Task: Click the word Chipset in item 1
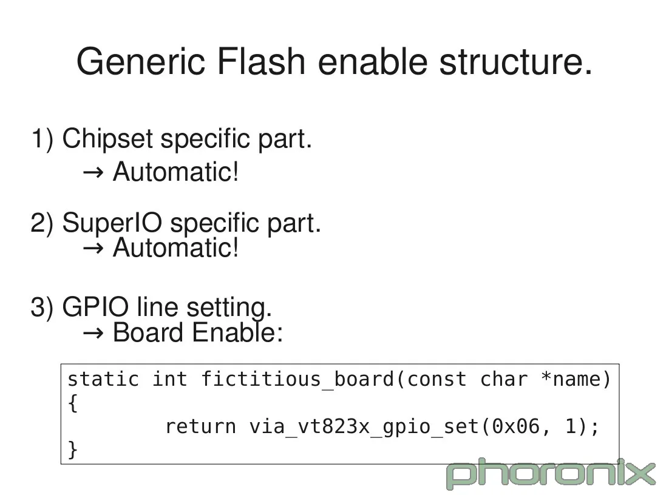[x=107, y=140]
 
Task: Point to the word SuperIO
[x=112, y=223]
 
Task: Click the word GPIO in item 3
[x=95, y=307]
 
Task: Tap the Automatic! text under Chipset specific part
[x=176, y=172]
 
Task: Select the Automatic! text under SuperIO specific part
[x=176, y=247]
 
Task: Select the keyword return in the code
[x=200, y=426]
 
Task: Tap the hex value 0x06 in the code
[x=515, y=426]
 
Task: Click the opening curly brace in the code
[x=73, y=403]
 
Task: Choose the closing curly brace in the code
[x=73, y=449]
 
